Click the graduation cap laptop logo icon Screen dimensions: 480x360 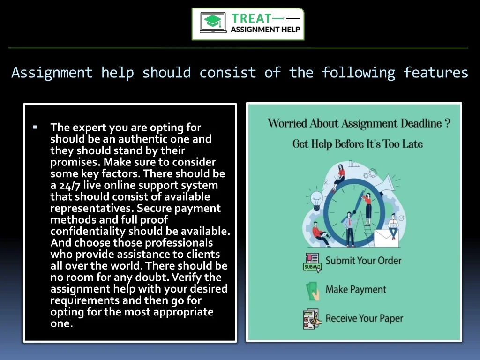point(213,22)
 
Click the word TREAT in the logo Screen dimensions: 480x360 point(251,18)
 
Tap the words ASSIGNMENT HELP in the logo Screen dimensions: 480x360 point(265,30)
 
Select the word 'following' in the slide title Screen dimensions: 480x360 point(358,73)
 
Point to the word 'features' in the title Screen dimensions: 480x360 point(435,73)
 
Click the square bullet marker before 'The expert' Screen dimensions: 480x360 point(35,127)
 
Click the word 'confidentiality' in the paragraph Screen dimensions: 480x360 point(88,231)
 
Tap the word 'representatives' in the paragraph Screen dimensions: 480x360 point(92,208)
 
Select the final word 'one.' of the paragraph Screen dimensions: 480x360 point(61,323)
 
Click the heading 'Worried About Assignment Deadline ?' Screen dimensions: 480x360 point(359,123)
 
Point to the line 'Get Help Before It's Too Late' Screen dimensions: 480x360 point(358,144)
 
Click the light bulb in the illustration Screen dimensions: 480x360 point(316,200)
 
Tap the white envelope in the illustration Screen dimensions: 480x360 point(386,238)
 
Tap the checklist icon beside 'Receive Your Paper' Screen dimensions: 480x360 point(312,319)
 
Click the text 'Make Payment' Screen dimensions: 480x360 point(356,290)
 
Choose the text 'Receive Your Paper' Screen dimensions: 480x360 point(364,318)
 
